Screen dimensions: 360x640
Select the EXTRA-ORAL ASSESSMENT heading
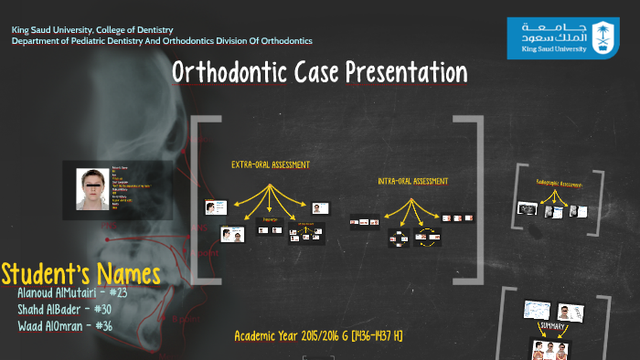[270, 165]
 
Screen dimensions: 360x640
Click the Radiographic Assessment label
[559, 185]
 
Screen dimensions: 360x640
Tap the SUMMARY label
[551, 325]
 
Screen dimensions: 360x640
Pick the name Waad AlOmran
[53, 326]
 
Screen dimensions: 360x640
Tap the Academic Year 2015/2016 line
[318, 336]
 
